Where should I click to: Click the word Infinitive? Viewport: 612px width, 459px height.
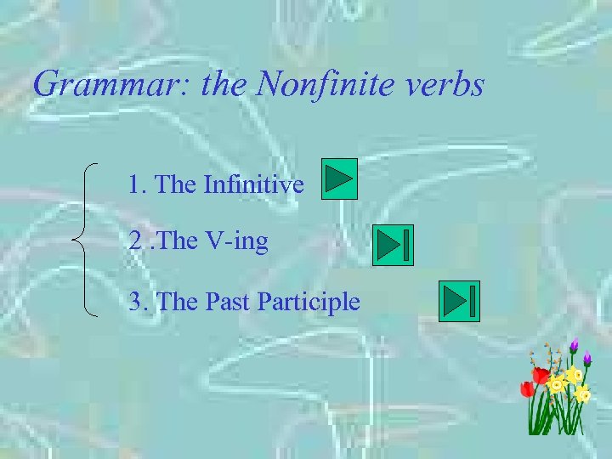[253, 184]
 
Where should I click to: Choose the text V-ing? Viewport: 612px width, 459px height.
[236, 241]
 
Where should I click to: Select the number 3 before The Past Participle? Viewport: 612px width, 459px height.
[134, 301]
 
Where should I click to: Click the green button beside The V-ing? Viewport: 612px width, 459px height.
[393, 246]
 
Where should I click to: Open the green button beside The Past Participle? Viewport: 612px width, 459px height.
[459, 301]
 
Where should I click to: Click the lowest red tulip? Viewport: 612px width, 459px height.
[527, 389]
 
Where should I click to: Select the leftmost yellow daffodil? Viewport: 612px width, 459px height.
[557, 385]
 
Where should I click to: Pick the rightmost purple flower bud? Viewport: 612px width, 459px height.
[586, 358]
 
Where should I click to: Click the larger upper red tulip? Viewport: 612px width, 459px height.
[541, 375]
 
